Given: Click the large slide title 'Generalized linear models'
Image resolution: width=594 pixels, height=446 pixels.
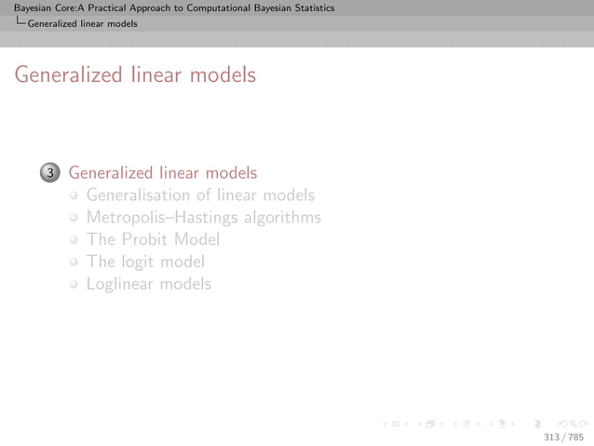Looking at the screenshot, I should [x=134, y=74].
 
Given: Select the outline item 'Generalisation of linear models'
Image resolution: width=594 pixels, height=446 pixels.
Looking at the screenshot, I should [x=200, y=196].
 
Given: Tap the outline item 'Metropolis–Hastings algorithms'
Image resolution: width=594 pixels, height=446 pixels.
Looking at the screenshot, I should [x=203, y=218].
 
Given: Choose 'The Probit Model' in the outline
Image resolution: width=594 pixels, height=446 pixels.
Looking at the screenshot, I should [x=153, y=239].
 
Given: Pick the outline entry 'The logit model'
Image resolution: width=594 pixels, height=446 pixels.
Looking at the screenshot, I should [x=145, y=262].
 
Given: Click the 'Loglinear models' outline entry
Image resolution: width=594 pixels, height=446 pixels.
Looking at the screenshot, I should [x=149, y=284].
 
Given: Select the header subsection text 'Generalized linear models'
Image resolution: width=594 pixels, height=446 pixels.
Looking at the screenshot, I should [x=83, y=24].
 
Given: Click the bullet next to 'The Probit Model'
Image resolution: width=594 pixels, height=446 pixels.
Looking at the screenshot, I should [x=74, y=240].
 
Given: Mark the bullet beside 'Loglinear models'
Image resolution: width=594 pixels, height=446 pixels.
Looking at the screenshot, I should [x=74, y=285].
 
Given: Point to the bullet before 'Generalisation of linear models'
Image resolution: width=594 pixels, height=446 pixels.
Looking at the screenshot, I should [x=74, y=196].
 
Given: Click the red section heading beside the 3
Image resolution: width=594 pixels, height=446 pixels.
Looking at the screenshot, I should [x=163, y=173].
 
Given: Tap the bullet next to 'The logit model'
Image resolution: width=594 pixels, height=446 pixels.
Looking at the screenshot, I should [x=74, y=263].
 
